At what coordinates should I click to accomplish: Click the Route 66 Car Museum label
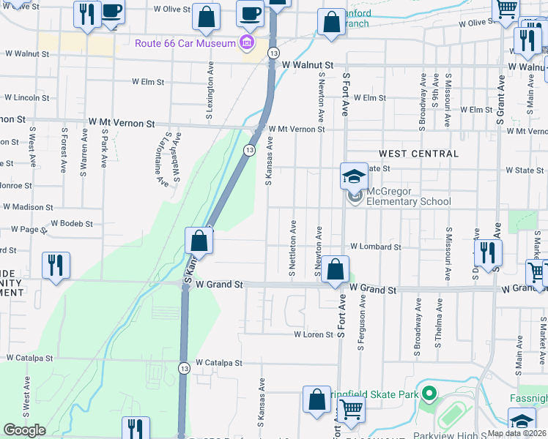[185, 43]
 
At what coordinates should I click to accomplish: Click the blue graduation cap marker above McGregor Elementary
[354, 176]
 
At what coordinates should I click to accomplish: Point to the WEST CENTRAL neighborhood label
[418, 154]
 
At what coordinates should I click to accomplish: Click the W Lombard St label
[375, 247]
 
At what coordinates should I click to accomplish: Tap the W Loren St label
[314, 334]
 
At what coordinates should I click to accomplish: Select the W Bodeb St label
[72, 223]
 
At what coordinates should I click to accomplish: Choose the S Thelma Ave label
[440, 323]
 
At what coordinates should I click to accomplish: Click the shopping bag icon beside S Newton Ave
[335, 269]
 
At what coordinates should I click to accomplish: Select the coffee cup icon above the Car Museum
[250, 12]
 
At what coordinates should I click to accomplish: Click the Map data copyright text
[516, 433]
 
